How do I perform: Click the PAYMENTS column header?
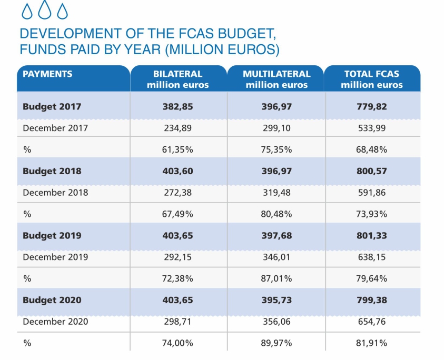click(x=48, y=74)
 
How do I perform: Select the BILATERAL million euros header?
click(x=178, y=79)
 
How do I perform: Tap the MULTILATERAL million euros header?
click(x=276, y=79)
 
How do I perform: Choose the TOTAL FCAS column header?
click(x=372, y=79)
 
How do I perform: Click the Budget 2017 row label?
click(x=52, y=106)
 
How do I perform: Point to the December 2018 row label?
click(x=55, y=192)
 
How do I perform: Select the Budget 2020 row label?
click(x=52, y=300)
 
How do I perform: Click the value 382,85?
click(x=178, y=106)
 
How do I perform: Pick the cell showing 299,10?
click(x=276, y=127)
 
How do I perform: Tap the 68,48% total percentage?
click(x=372, y=149)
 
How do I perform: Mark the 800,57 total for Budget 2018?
click(x=372, y=171)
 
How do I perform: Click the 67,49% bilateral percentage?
click(x=178, y=214)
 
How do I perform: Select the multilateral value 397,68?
click(x=276, y=235)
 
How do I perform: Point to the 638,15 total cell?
click(x=372, y=257)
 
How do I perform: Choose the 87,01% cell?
click(x=276, y=278)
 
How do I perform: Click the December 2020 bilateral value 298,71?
click(x=178, y=322)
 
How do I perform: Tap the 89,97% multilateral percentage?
click(x=276, y=343)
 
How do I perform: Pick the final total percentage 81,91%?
click(x=372, y=343)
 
